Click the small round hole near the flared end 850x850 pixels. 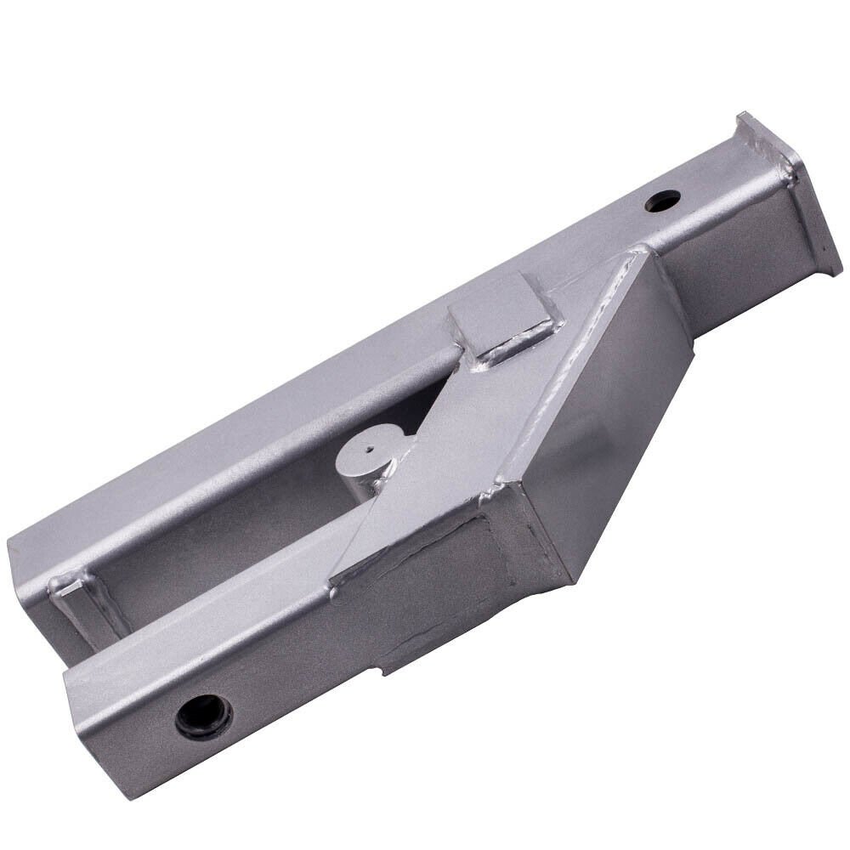point(663,202)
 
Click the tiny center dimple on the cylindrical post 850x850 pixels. point(371,441)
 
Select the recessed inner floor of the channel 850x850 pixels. point(238,527)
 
